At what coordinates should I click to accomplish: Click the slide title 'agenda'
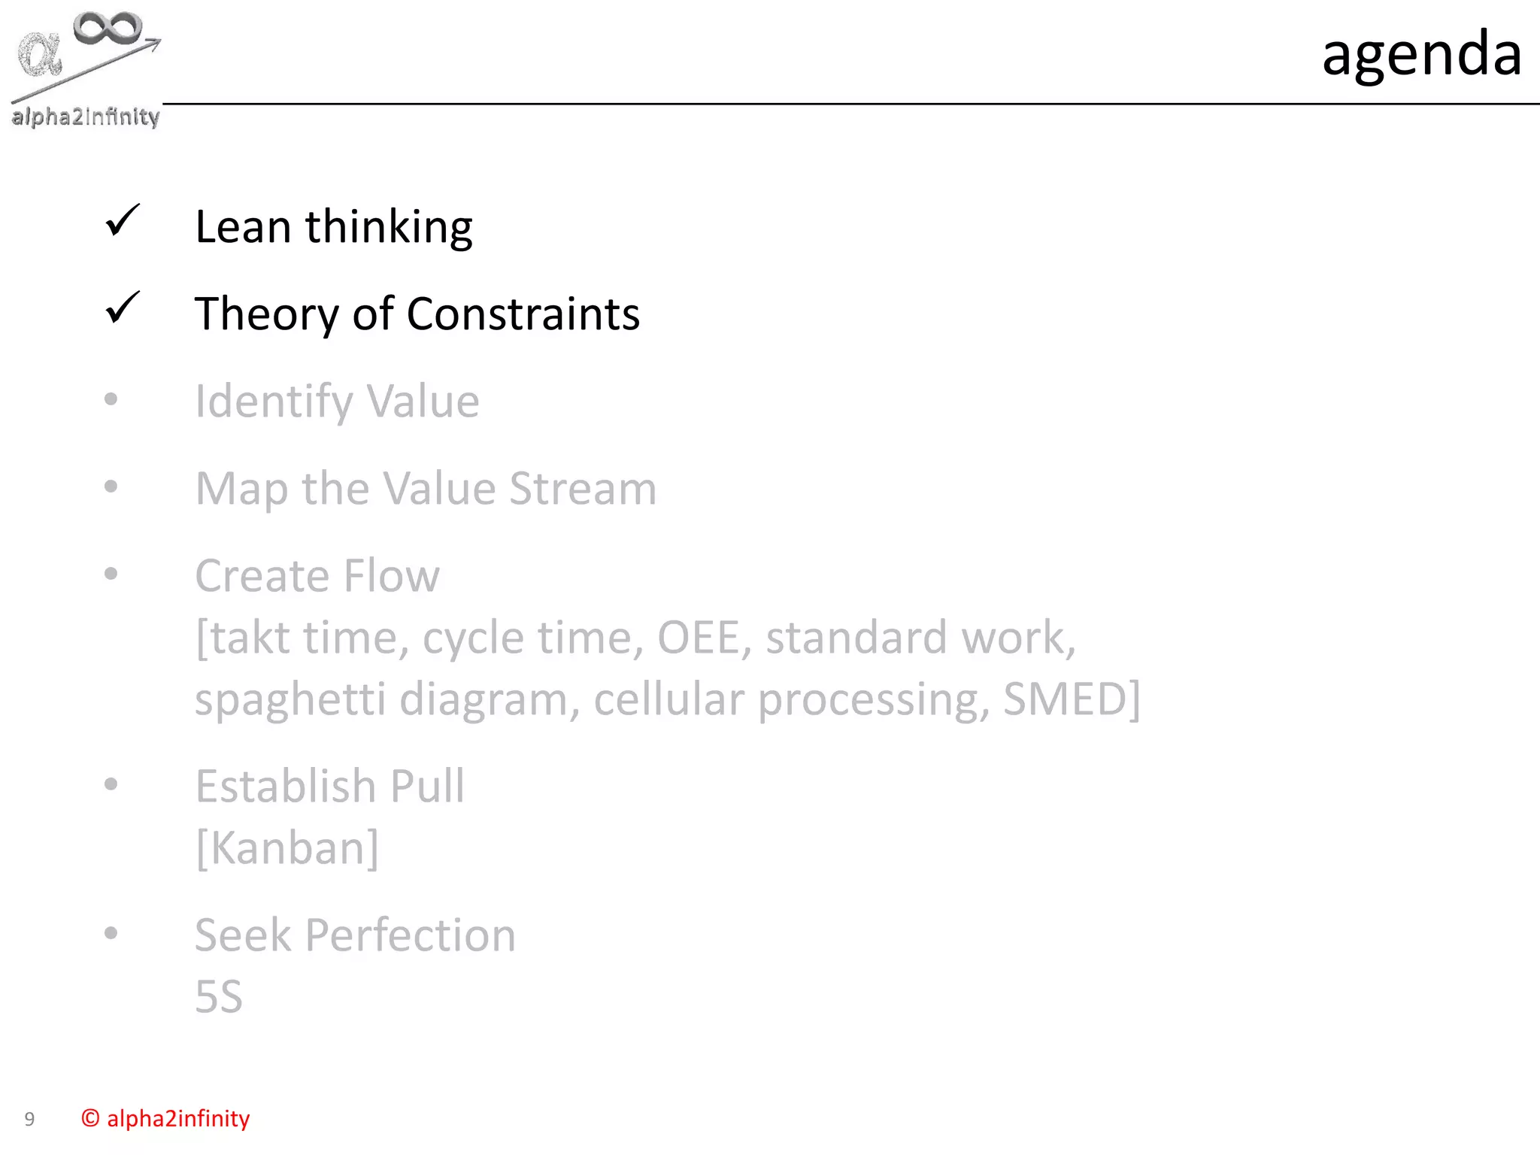1421,54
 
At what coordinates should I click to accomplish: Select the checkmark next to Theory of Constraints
122,308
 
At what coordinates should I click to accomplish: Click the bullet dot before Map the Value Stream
111,487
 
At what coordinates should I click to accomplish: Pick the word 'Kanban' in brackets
287,848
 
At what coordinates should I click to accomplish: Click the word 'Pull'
427,787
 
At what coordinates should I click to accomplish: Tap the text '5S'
219,997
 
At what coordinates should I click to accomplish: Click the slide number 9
29,1119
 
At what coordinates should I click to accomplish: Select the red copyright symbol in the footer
90,1118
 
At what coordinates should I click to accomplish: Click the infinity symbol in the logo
108,28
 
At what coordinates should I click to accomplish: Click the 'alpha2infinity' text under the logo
86,117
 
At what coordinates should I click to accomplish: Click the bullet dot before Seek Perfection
111,933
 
